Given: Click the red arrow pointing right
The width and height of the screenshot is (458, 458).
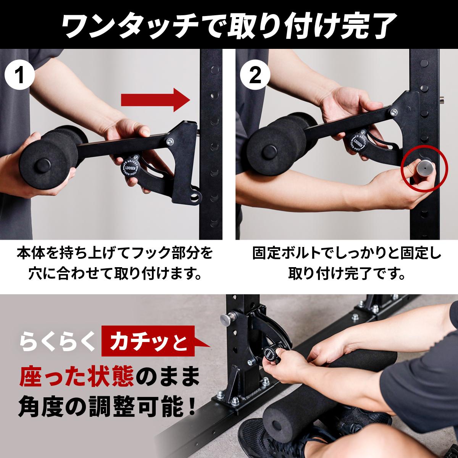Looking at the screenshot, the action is tap(155, 100).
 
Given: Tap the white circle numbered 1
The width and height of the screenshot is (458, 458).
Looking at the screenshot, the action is tap(20, 75).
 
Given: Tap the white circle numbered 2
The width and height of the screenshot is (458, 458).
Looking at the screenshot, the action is tap(255, 75).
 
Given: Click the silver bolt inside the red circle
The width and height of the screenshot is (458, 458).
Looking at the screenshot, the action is tap(425, 168).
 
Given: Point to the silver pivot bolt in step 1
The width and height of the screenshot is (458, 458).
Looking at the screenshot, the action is tap(170, 142).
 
